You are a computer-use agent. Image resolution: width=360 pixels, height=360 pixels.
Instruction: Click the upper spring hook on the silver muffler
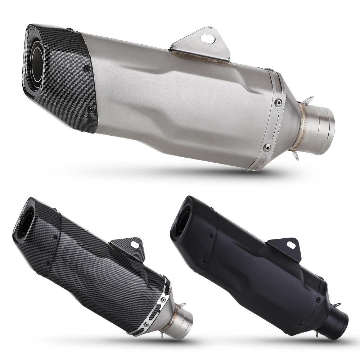click(309, 100)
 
